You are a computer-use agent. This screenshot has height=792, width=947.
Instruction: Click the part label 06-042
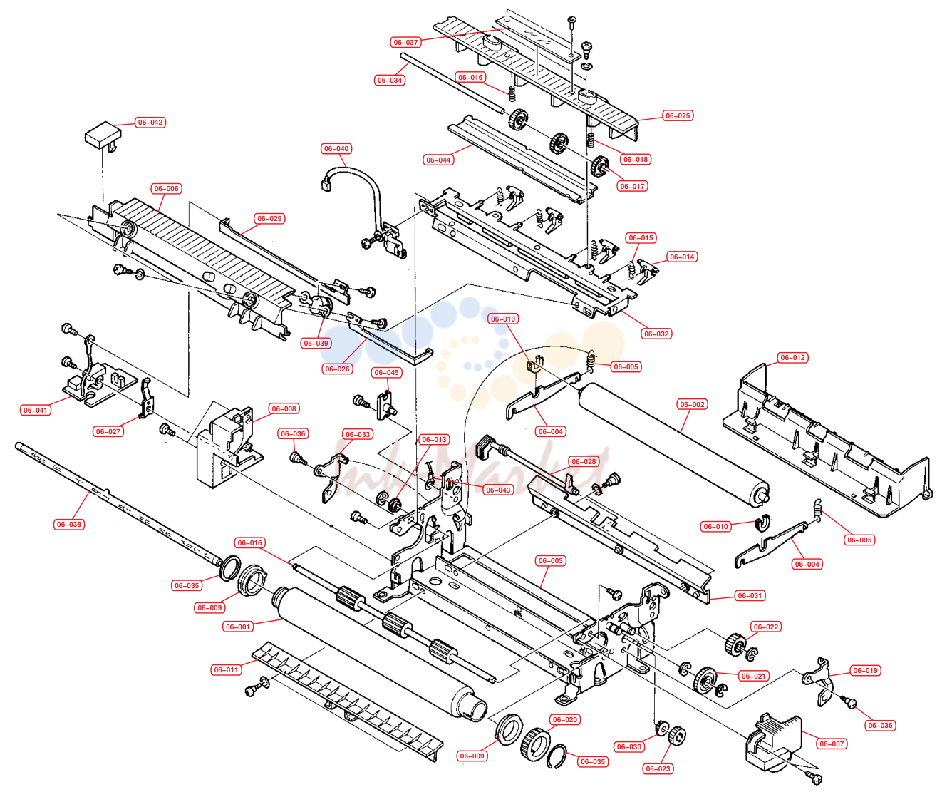click(150, 123)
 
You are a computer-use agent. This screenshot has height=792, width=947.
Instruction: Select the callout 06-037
click(405, 43)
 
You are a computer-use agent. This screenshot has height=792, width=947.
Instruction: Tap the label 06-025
click(678, 115)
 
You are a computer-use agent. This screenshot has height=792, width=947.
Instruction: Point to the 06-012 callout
click(792, 358)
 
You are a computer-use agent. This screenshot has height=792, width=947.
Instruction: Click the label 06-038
click(69, 524)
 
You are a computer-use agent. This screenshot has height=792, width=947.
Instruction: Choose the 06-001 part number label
click(238, 627)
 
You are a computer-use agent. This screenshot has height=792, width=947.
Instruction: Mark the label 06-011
click(226, 669)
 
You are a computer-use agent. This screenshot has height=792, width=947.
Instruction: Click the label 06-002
click(692, 404)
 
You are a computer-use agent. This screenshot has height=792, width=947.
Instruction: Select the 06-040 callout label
click(336, 148)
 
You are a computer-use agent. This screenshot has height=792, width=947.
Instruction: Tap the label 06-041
click(36, 411)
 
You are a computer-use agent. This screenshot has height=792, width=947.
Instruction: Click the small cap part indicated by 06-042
click(103, 134)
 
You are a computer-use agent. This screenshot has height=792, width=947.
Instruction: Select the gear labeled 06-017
click(601, 167)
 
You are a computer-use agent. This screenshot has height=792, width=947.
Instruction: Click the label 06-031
click(750, 595)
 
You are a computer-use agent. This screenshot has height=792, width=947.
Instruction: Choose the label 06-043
click(498, 490)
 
